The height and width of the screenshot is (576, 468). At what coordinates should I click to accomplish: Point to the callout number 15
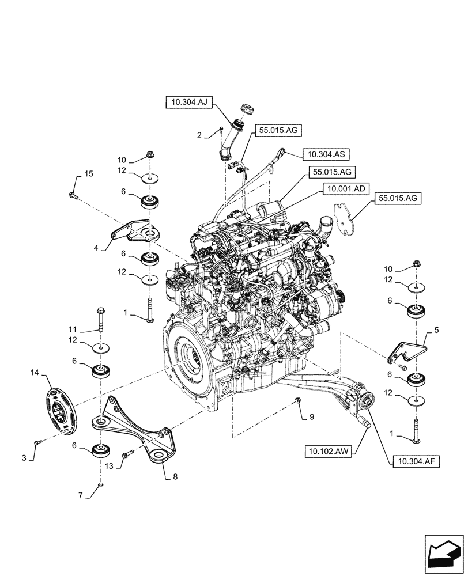(89, 174)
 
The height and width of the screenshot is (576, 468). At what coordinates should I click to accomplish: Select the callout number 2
(199, 135)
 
